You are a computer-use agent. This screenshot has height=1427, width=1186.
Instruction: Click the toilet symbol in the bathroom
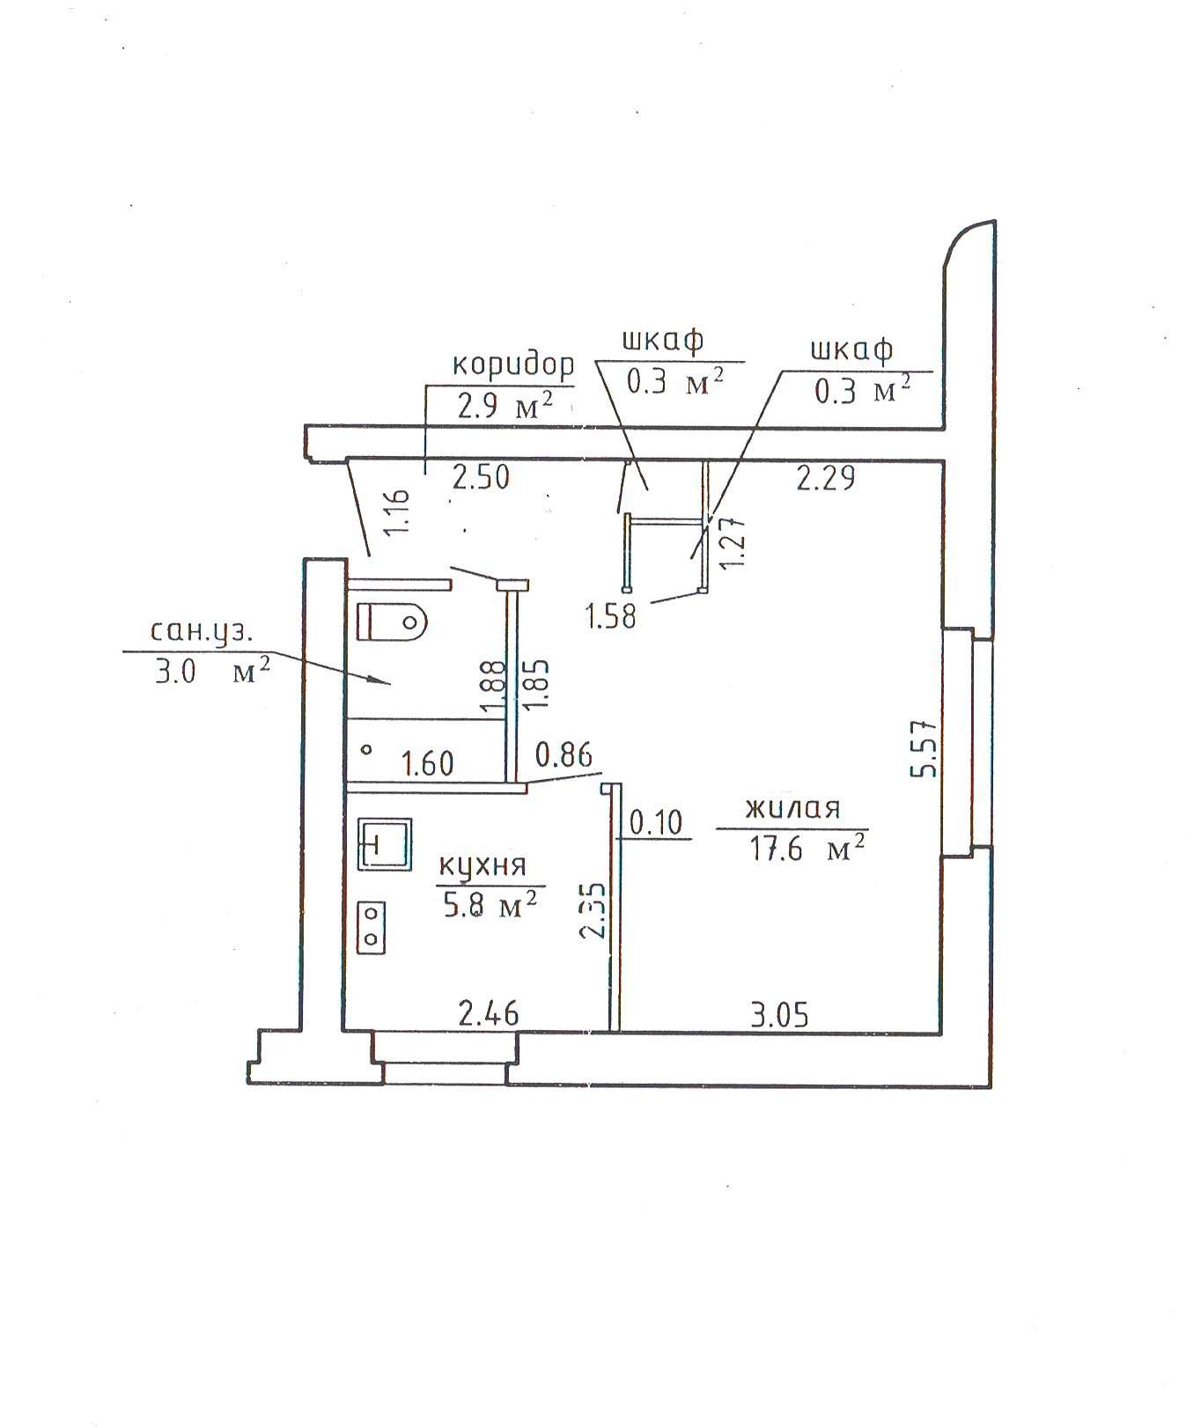point(392,622)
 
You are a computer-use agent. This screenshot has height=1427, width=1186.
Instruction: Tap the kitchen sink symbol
point(385,843)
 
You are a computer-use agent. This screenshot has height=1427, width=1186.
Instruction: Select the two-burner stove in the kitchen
point(372,927)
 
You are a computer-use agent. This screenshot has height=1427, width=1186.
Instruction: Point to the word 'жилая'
point(792,808)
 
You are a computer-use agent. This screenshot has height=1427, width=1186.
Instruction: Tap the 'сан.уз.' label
point(202,632)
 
